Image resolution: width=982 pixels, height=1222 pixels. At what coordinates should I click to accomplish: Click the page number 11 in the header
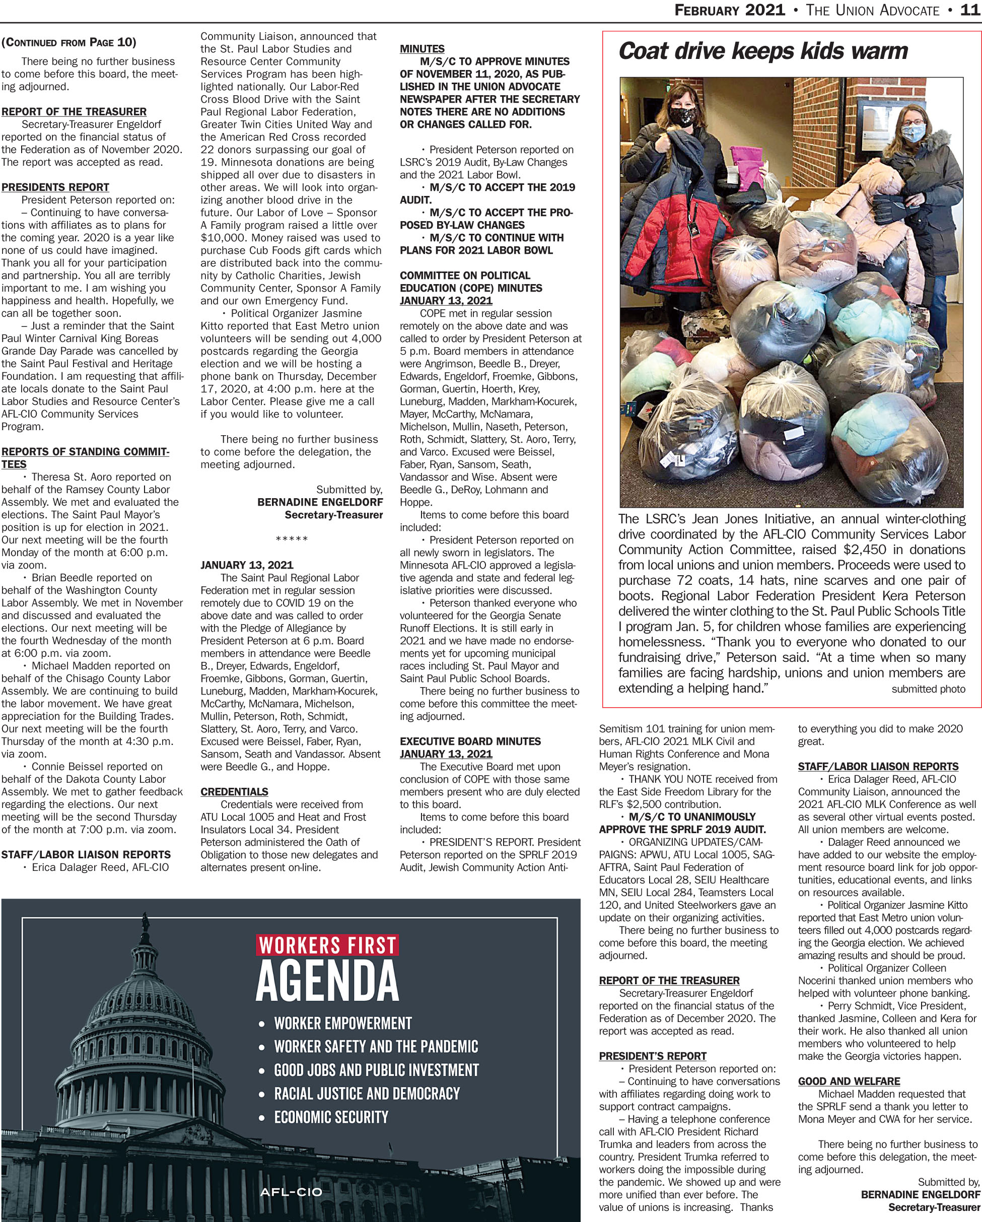click(970, 10)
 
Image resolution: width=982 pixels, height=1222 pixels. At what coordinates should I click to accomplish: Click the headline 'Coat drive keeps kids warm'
click(763, 51)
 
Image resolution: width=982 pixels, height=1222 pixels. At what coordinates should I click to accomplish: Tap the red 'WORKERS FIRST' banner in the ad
click(327, 945)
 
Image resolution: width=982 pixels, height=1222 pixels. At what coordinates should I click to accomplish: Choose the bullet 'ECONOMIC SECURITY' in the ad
click(331, 1117)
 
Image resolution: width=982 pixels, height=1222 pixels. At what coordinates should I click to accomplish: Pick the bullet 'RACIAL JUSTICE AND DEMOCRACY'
click(367, 1094)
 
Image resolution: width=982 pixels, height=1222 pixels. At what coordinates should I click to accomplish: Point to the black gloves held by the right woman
click(892, 207)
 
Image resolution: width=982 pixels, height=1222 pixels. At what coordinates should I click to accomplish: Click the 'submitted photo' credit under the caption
click(928, 689)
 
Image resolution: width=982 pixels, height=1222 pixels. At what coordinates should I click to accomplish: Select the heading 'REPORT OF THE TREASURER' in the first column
click(74, 112)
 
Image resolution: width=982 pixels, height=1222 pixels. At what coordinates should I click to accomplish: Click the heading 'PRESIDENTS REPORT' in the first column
click(55, 187)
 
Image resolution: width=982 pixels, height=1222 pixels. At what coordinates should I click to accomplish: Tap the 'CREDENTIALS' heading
click(234, 791)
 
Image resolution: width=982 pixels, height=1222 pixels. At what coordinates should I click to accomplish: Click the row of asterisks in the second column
click(291, 538)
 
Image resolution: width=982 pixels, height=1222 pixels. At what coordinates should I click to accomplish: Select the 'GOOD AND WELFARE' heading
click(849, 1081)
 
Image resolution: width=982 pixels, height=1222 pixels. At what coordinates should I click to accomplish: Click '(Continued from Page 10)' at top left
click(68, 42)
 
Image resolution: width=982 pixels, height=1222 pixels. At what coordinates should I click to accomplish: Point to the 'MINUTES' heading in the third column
click(422, 49)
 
